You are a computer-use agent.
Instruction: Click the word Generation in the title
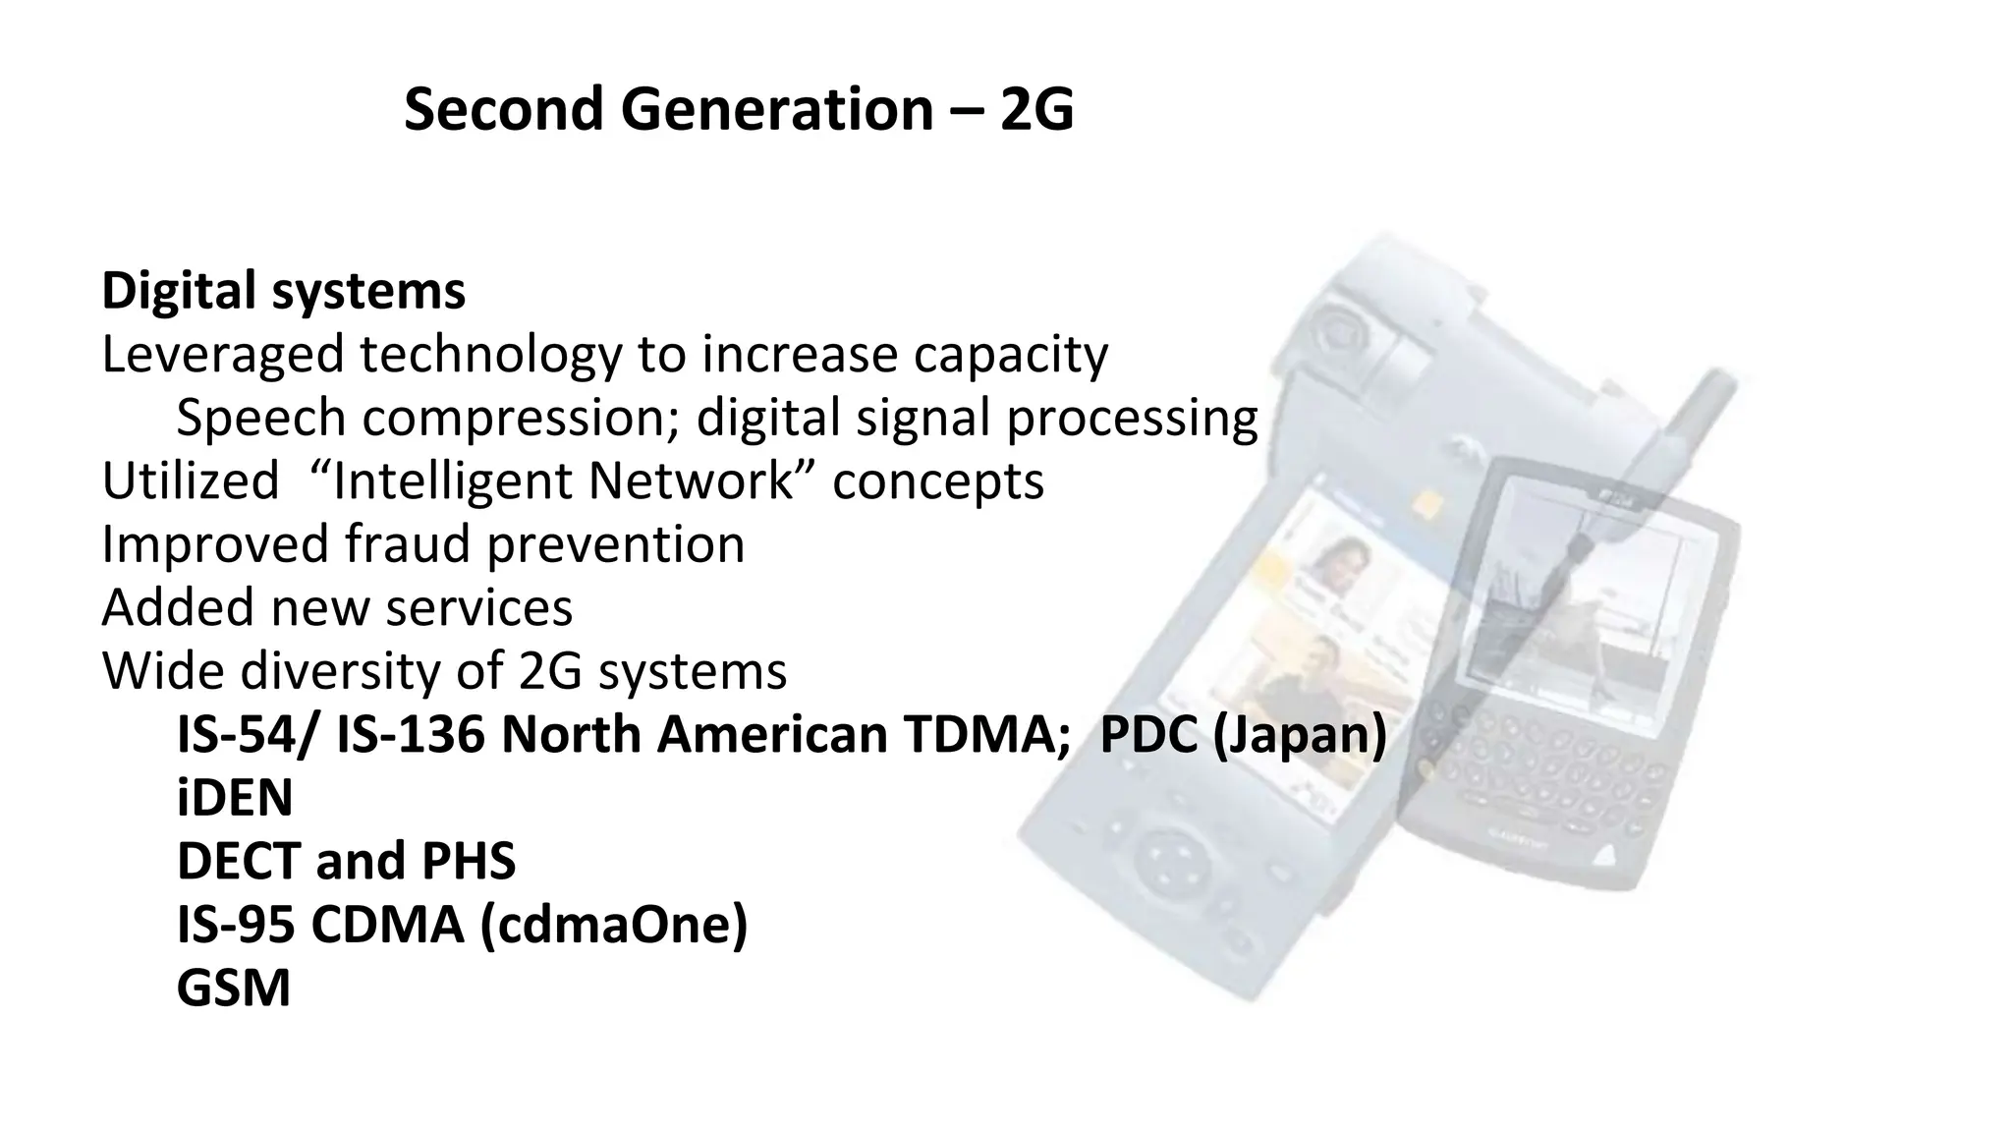tap(776, 109)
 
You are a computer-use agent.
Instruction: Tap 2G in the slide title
tap(1036, 109)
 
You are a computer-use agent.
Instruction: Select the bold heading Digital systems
tap(284, 291)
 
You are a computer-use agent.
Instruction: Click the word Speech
tap(260, 418)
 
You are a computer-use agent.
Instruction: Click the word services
tap(479, 608)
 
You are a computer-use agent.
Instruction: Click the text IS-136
tap(411, 735)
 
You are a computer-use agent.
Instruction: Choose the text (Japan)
tap(1300, 735)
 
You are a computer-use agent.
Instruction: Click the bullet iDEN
tap(235, 798)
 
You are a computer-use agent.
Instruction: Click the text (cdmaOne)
tap(614, 925)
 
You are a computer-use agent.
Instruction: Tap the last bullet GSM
tap(234, 989)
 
